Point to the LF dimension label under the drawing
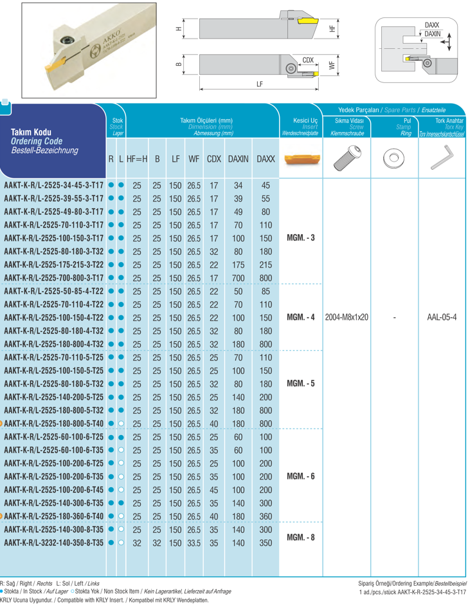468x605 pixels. [x=259, y=84]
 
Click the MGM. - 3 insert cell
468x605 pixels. [x=299, y=237]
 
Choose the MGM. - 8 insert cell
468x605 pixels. [x=299, y=536]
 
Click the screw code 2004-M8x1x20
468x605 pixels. [x=346, y=318]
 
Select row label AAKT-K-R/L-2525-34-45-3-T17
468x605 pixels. [x=54, y=185]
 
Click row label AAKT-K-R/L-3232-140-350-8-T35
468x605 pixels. [x=54, y=543]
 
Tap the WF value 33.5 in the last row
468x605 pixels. [x=194, y=543]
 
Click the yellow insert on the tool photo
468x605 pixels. [x=55, y=64]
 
